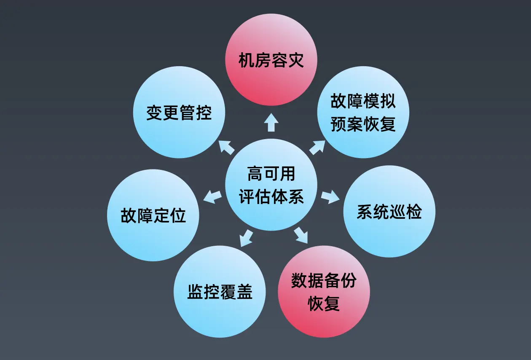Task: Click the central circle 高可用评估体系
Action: coord(271,185)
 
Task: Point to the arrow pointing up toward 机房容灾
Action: coord(271,122)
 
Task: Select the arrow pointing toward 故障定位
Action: coord(213,196)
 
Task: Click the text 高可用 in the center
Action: coord(271,174)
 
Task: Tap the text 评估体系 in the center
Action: coord(271,196)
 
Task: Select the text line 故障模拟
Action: coord(363,102)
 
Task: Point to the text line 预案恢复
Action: coord(363,125)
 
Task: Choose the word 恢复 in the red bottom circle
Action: coord(324,304)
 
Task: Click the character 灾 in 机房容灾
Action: coord(295,61)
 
